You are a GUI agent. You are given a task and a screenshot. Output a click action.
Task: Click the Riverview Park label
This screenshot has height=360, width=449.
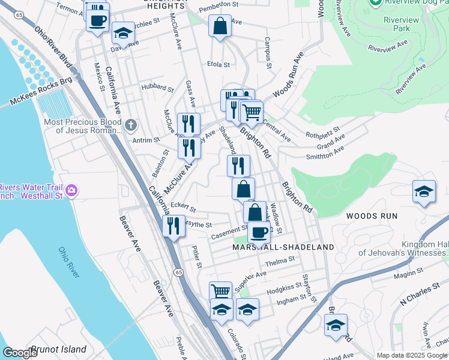(397, 23)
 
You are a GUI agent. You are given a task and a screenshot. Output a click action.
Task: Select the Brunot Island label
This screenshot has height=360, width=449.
(59, 349)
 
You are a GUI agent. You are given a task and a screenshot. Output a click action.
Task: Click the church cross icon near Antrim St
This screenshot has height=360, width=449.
(131, 125)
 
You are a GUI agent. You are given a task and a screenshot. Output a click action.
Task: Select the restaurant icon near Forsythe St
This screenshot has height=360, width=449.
(172, 226)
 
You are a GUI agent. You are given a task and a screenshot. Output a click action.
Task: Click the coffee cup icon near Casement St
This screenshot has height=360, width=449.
(259, 232)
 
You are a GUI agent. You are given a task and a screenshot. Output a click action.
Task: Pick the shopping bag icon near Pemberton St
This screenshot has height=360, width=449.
(220, 26)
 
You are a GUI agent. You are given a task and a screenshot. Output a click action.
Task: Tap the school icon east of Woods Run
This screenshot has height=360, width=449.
(424, 191)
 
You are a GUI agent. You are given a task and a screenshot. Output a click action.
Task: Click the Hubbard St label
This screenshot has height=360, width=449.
(157, 88)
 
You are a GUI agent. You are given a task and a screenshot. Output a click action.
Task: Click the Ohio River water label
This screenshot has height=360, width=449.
(68, 262)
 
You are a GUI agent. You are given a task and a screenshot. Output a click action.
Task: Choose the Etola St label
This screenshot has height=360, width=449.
(218, 64)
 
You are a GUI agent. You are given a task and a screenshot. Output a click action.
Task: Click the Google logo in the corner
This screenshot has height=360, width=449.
(20, 353)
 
